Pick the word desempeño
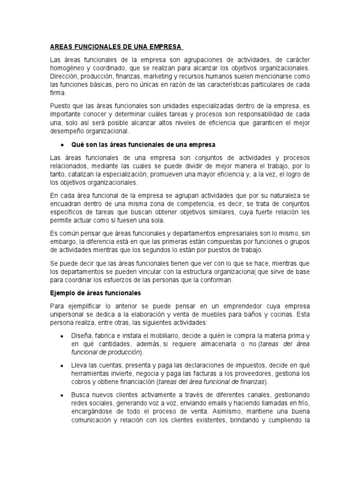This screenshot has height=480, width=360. coord(67,131)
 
